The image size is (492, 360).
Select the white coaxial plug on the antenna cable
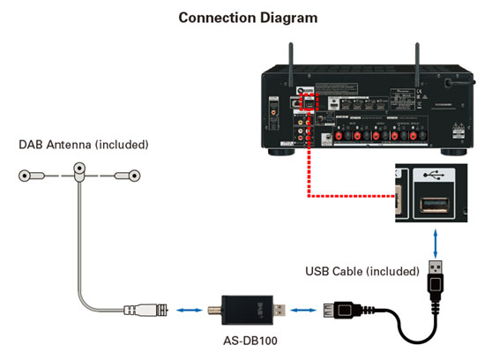(146, 311)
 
